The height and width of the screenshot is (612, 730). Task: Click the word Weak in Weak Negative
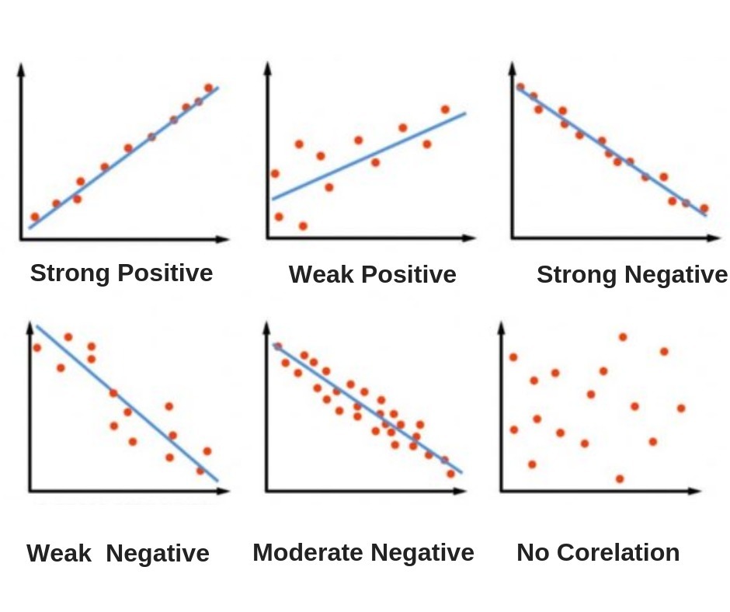tap(59, 554)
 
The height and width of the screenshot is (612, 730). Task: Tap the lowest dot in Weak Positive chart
tap(303, 226)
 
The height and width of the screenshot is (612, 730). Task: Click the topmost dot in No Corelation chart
tap(622, 337)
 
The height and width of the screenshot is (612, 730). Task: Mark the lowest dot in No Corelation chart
tap(620, 478)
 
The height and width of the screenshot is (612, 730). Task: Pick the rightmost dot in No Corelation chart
tap(681, 408)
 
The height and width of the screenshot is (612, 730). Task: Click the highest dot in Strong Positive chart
tap(208, 88)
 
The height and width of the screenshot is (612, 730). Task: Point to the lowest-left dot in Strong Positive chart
tap(34, 217)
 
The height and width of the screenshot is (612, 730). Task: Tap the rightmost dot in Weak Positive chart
tap(445, 110)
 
